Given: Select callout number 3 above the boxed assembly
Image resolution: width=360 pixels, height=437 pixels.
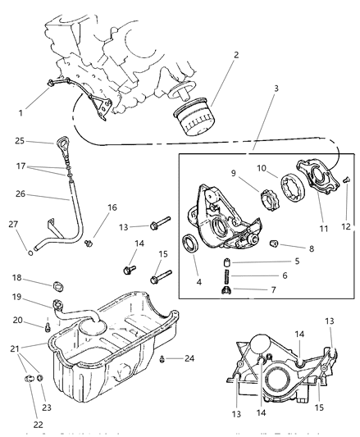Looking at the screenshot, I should (253, 87).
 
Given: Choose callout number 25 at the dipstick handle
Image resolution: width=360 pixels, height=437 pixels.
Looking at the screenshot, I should (42, 141).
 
